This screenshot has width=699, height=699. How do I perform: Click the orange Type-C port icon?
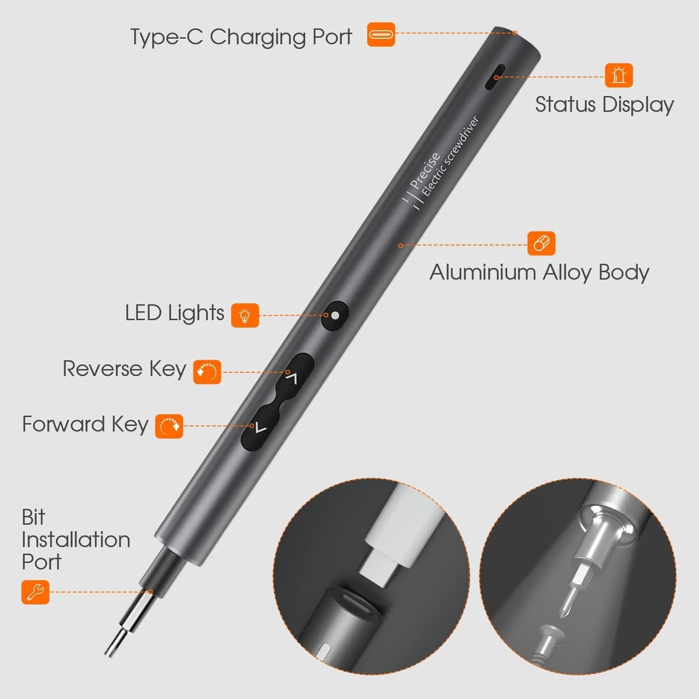tap(381, 34)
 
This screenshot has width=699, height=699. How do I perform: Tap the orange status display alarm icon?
tap(619, 75)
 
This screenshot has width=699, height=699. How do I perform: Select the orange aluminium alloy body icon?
tap(541, 243)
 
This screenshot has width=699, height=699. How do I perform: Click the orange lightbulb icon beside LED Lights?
tap(245, 315)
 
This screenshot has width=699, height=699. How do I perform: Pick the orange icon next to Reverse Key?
tap(207, 371)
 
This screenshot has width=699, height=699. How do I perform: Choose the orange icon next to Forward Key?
tap(169, 426)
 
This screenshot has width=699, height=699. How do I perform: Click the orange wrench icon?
tap(35, 592)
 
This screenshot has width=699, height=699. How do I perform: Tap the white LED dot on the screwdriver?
tap(335, 315)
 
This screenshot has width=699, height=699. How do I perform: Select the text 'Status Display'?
tap(604, 104)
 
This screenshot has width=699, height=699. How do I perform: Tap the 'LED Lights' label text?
tap(175, 313)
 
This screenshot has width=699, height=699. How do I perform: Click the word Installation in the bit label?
tap(76, 540)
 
